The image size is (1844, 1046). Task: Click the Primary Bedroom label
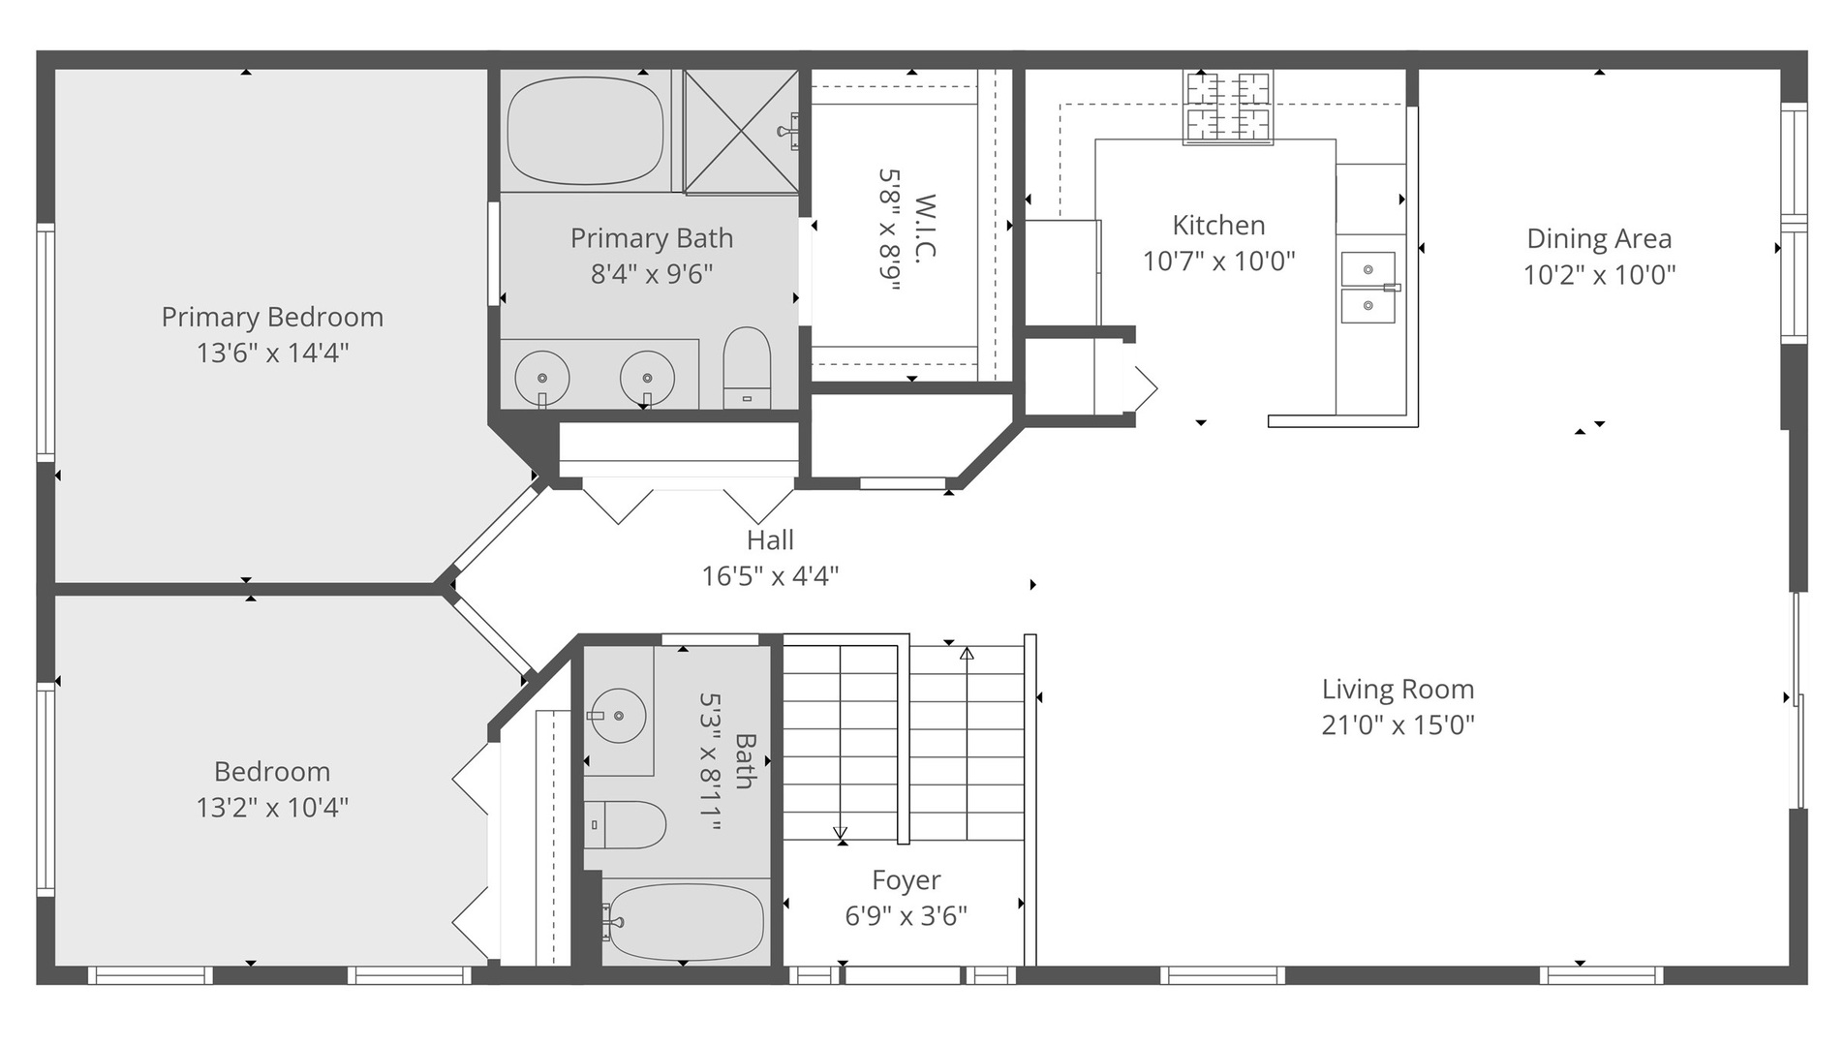tap(272, 317)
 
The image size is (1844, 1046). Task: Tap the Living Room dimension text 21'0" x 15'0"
tap(1398, 724)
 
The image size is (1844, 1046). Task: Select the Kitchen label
tap(1218, 225)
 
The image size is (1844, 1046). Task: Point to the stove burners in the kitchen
tap(1228, 107)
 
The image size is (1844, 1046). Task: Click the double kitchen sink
tap(1368, 288)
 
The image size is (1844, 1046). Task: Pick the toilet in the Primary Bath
tap(747, 368)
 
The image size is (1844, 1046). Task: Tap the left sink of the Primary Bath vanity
tap(541, 378)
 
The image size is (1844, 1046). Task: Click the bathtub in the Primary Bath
tap(585, 131)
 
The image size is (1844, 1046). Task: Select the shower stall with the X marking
tap(741, 131)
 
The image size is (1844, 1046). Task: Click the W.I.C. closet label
tap(925, 227)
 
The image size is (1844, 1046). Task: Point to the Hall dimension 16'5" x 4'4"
tap(770, 576)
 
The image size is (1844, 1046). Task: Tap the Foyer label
tap(906, 879)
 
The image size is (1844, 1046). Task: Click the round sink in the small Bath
tap(618, 716)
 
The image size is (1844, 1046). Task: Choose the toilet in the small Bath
tap(625, 825)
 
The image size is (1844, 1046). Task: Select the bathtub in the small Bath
tap(686, 922)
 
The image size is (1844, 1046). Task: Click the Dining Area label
tap(1599, 238)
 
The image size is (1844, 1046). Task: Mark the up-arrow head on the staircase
tap(967, 654)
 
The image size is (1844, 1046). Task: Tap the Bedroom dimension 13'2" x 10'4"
tap(272, 807)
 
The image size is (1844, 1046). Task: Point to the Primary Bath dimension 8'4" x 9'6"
tap(652, 274)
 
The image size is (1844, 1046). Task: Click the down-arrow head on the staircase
tap(840, 832)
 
